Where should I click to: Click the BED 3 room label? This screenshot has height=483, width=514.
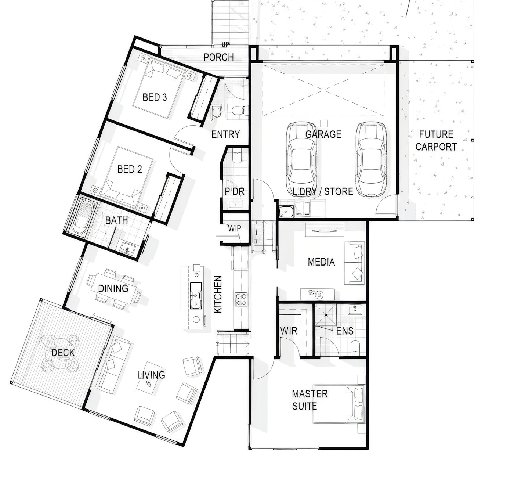155,97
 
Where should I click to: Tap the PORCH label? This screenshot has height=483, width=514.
219,57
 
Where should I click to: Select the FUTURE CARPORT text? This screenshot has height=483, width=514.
436,141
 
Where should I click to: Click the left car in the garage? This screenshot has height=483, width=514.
302,159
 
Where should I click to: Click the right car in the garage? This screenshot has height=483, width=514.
371,159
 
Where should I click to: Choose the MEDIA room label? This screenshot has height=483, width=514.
321,262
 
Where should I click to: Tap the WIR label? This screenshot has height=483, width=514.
289,331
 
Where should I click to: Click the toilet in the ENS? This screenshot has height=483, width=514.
355,348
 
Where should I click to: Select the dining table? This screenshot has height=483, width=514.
113,288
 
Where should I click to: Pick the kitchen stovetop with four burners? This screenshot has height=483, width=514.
241,299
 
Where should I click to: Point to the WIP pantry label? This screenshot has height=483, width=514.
235,228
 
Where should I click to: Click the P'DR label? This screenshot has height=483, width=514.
235,191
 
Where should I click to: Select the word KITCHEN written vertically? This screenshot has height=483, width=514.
218,294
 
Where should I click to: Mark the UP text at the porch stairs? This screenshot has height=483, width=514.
225,44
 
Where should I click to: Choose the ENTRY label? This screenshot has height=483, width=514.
225,134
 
